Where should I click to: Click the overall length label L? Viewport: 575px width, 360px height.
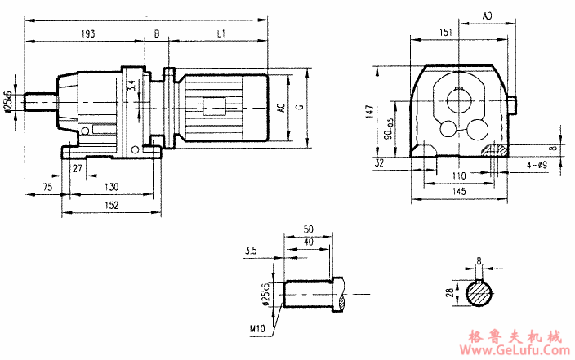[146, 12]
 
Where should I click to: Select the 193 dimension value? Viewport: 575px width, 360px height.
[89, 33]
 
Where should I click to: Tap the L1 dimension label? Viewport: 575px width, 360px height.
[221, 33]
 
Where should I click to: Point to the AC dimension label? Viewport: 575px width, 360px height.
[280, 110]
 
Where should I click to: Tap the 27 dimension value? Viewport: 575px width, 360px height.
[78, 168]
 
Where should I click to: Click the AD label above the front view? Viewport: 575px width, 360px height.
[488, 16]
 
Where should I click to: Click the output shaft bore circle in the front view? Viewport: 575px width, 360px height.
[458, 102]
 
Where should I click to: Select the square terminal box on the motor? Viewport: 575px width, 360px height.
[214, 106]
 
